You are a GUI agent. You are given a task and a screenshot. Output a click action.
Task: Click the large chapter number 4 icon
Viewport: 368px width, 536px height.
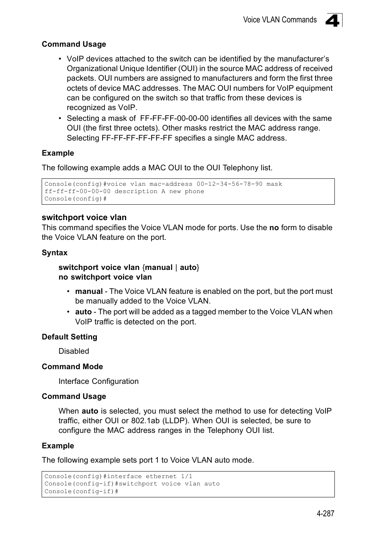pyautogui.click(x=333, y=20)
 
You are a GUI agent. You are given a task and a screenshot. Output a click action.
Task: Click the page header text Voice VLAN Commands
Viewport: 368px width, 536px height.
pyautogui.click(x=280, y=20)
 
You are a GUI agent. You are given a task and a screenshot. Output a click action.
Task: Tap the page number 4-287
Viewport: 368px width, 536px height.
pyautogui.click(x=325, y=513)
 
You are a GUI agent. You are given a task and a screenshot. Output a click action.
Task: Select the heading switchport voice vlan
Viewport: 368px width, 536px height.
pyautogui.click(x=84, y=217)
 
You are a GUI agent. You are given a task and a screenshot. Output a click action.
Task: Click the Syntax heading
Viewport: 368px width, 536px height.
pyautogui.click(x=54, y=253)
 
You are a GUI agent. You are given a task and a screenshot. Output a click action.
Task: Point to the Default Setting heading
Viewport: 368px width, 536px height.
pyautogui.click(x=69, y=337)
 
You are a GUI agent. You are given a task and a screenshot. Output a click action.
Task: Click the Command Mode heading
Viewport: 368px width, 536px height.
pyautogui.click(x=72, y=366)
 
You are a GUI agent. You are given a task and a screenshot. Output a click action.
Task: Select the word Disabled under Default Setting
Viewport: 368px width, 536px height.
pyautogui.click(x=74, y=351)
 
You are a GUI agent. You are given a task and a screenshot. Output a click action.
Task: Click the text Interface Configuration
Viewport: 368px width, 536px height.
pyautogui.click(x=98, y=381)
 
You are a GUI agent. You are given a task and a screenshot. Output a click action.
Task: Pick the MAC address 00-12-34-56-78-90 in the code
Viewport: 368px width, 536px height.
pyautogui.click(x=229, y=184)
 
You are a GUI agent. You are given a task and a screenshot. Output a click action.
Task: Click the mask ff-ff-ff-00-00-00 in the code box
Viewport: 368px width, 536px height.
pyautogui.click(x=77, y=192)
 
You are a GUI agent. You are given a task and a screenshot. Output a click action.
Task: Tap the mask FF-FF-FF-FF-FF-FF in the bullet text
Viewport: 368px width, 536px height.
pyautogui.click(x=137, y=138)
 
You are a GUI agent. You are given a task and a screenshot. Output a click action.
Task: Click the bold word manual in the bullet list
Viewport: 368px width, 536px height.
pyautogui.click(x=89, y=292)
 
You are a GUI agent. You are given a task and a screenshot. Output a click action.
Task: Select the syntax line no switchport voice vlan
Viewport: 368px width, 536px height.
pyautogui.click(x=105, y=277)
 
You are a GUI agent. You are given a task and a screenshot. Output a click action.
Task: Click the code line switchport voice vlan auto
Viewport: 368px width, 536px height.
pyautogui.click(x=169, y=484)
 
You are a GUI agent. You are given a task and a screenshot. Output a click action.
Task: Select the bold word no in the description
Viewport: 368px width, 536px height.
pyautogui.click(x=274, y=227)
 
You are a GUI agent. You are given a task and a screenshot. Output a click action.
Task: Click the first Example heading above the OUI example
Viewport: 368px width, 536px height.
pyautogui.click(x=58, y=153)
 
